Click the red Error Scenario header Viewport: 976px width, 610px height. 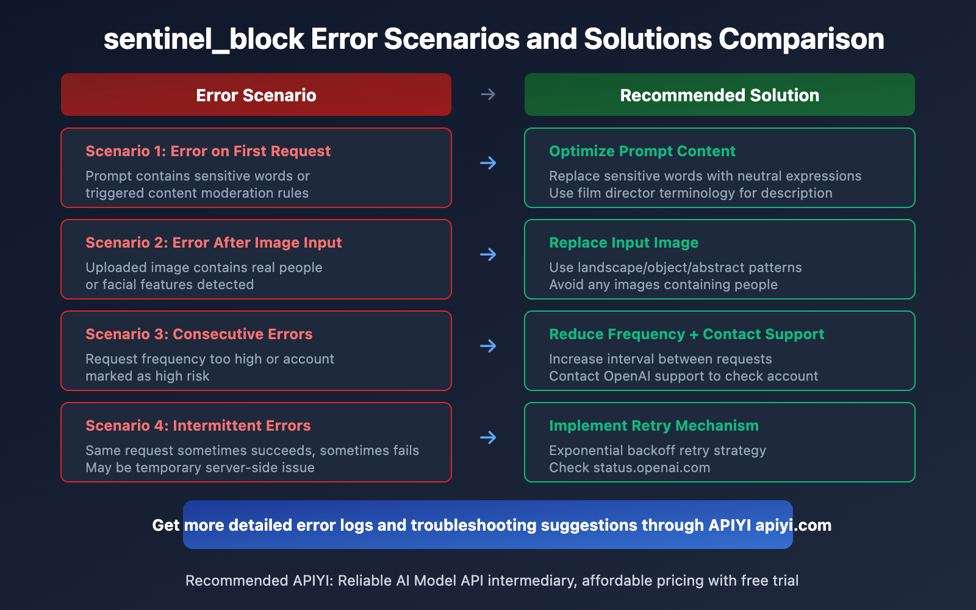tap(256, 95)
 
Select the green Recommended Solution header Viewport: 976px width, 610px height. tap(719, 95)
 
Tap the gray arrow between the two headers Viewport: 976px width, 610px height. tap(488, 95)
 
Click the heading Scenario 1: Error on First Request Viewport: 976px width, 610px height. tap(208, 151)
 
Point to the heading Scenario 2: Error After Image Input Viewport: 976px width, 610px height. tap(213, 243)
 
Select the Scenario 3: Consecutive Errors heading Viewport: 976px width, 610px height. tap(199, 334)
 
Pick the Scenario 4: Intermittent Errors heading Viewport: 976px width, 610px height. tap(198, 426)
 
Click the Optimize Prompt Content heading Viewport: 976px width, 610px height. tap(642, 151)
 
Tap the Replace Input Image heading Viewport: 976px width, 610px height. tap(623, 243)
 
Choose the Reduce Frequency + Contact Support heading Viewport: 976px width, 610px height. tap(686, 334)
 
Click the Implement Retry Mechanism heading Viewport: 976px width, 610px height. tap(654, 426)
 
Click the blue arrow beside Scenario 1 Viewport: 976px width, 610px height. tap(488, 163)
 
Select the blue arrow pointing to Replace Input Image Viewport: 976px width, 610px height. tap(488, 254)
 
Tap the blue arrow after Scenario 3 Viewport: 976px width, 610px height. tap(488, 346)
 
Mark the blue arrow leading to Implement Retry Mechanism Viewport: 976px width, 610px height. tap(488, 437)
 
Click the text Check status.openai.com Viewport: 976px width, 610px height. tap(630, 468)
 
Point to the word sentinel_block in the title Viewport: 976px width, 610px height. tap(204, 40)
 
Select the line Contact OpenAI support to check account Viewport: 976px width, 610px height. tap(683, 376)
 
